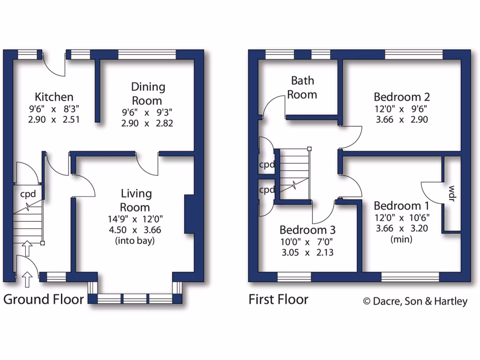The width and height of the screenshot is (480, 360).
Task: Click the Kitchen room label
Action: pos(54,97)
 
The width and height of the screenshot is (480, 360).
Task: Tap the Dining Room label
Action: pos(148,93)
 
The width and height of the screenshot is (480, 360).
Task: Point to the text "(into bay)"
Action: pos(135,241)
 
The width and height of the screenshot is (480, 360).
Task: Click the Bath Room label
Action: pos(302,87)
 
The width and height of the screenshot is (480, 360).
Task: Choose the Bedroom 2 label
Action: pos(401,97)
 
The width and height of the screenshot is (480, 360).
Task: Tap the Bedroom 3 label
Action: pos(307,230)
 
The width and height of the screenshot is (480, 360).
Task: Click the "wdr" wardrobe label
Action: pos(452,194)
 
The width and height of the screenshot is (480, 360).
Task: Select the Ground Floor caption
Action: pos(44,300)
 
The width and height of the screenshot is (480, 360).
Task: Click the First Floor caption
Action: pos(278,300)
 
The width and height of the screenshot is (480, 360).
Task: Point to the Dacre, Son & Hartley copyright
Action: pos(415,301)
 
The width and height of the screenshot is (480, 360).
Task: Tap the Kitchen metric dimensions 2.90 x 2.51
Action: pos(54,119)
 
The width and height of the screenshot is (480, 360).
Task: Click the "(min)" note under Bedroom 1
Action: pos(401,240)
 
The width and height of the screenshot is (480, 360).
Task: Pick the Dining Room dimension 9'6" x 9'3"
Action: pos(147,112)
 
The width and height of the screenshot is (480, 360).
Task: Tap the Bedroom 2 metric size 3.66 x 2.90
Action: pos(401,119)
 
